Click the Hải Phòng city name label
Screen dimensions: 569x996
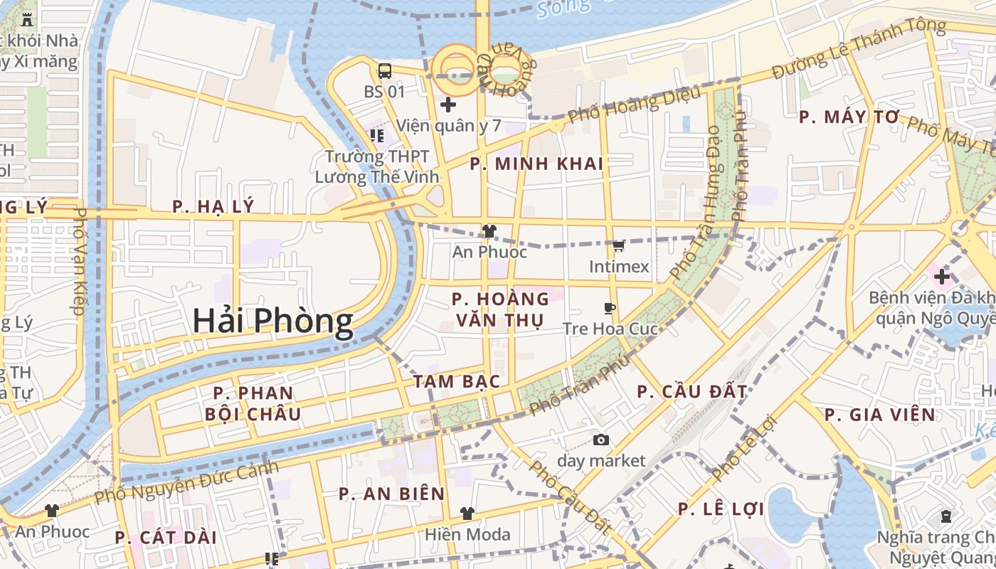pos(273,322)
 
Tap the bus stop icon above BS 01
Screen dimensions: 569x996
pos(384,71)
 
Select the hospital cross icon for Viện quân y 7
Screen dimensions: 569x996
pos(447,105)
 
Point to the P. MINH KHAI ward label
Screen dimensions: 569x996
pos(536,164)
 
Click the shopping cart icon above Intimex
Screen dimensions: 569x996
pos(619,246)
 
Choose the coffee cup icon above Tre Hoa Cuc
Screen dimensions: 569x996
pos(609,309)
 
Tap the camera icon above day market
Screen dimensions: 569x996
pos(601,440)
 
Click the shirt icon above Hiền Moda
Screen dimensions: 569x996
pos(467,514)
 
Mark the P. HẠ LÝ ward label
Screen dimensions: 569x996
pos(213,207)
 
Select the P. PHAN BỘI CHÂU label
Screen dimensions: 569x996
pos(253,403)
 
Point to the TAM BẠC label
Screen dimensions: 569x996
pos(457,381)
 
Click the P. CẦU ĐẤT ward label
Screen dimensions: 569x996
pos(692,391)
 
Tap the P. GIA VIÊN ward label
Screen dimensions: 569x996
pos(880,415)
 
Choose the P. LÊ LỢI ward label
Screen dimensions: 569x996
pos(721,509)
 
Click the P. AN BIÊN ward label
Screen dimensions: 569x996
pos(391,494)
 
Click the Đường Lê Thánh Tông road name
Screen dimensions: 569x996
pos(859,50)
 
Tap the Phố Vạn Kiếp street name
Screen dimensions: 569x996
pos(78,261)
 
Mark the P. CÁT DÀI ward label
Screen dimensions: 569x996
pos(166,538)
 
